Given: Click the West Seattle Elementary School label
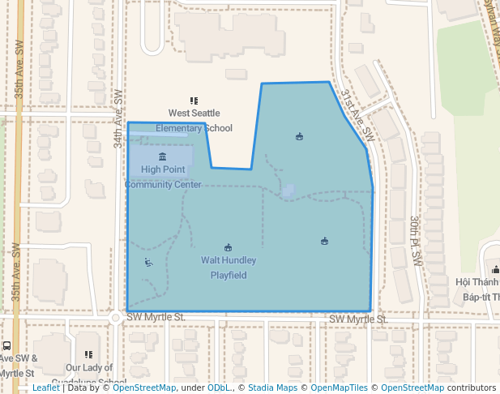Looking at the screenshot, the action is (194, 120).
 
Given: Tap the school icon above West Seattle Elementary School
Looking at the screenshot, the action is (194, 101).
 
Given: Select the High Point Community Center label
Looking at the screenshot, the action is (163, 177).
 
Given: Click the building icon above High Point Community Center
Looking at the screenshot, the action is (162, 156).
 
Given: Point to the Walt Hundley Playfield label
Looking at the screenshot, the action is (229, 268).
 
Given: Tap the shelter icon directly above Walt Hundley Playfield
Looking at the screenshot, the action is (228, 247).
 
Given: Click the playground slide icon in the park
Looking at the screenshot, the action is (148, 262).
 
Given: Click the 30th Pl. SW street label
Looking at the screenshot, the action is (416, 241).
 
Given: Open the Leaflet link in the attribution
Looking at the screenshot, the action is (45, 388).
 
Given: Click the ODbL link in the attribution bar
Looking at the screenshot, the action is (219, 388).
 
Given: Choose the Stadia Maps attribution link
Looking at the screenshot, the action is (272, 388).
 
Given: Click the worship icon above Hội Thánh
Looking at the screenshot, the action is (494, 269).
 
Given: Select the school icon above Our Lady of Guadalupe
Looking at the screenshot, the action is (89, 354).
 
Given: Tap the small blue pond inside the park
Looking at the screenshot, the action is (288, 191).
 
